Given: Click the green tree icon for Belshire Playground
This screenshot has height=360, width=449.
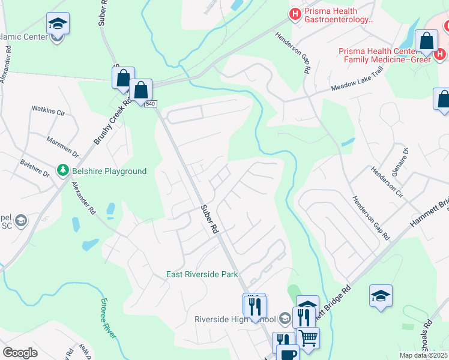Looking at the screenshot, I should [x=63, y=171].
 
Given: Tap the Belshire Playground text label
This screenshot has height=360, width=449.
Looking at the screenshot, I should [x=109, y=172].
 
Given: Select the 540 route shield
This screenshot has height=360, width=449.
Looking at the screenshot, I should [x=150, y=104].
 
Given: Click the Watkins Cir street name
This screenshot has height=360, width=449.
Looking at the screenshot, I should [x=48, y=111].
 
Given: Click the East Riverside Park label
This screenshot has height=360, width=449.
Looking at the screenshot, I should [x=202, y=275].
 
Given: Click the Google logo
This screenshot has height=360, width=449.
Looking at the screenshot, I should [x=20, y=353].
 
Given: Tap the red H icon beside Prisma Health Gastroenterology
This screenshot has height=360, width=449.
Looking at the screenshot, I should [x=295, y=14].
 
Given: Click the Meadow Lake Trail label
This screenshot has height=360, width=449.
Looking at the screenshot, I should [x=357, y=88].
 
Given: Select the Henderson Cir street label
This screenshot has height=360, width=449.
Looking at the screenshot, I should [x=398, y=187].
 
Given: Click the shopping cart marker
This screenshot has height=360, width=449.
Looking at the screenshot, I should [x=308, y=337].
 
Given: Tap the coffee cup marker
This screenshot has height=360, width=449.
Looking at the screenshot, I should [x=288, y=352].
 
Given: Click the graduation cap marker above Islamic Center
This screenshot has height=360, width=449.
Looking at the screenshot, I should [x=57, y=24].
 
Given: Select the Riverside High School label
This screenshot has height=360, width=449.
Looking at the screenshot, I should [x=234, y=319].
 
